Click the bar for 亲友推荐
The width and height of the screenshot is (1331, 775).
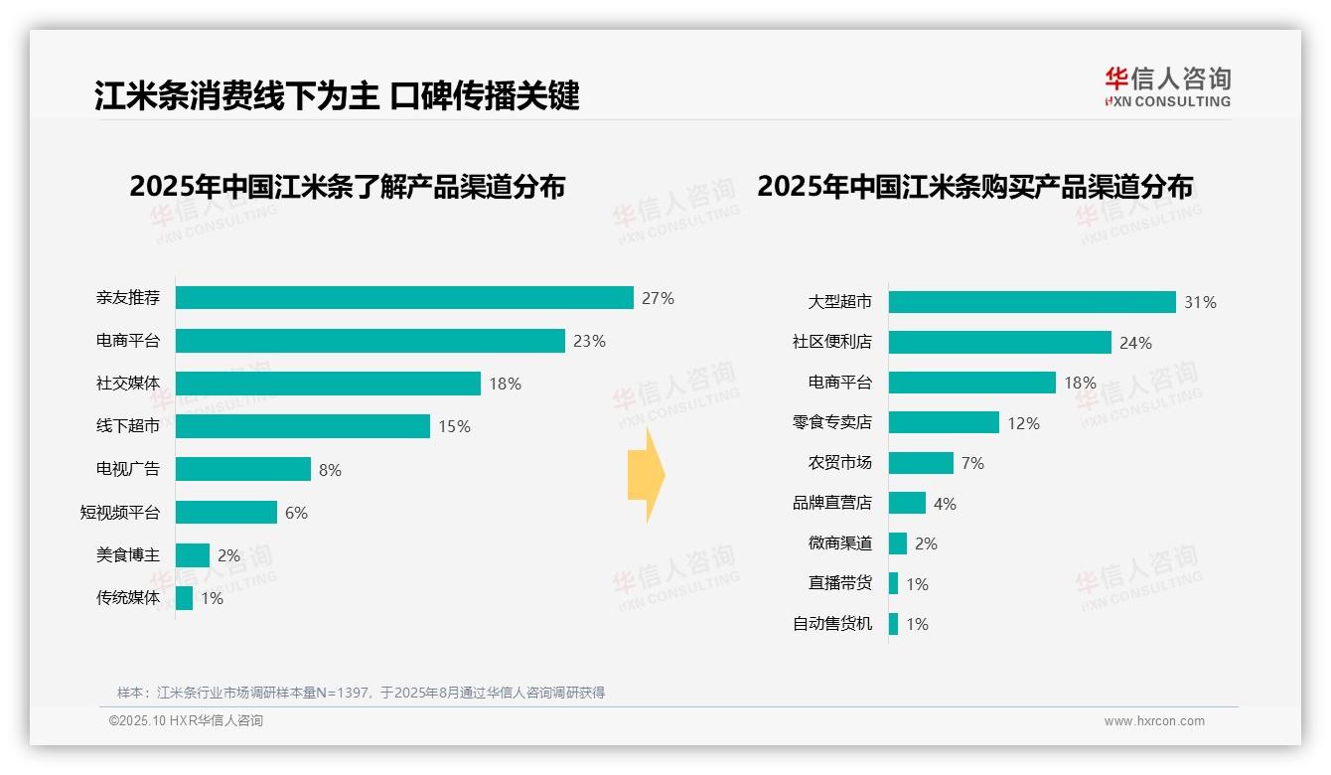(404, 298)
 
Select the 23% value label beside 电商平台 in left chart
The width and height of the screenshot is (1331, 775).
(589, 341)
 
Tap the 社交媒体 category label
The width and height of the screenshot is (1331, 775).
(128, 384)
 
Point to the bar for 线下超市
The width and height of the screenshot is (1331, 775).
(303, 426)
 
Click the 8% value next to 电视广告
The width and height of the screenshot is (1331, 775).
(330, 470)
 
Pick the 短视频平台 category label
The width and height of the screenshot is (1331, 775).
(120, 513)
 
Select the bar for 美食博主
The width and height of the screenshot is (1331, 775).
(193, 555)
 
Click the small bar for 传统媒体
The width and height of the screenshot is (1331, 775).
(185, 598)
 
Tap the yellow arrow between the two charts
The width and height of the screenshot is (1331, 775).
(647, 475)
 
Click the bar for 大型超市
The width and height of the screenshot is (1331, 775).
(1032, 302)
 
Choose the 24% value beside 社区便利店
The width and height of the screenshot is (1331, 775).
(1135, 343)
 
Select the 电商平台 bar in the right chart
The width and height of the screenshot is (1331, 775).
(971, 383)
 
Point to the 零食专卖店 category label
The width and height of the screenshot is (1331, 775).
(831, 423)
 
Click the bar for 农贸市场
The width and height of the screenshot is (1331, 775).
(921, 463)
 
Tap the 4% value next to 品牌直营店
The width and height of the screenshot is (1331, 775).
(945, 504)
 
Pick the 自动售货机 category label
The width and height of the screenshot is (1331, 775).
(831, 624)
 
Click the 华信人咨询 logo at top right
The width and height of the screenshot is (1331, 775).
(1167, 87)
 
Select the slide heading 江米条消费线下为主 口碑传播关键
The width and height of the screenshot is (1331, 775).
(337, 96)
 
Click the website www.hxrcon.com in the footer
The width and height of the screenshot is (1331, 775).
(1154, 721)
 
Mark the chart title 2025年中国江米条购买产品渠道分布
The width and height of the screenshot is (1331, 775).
(974, 187)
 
